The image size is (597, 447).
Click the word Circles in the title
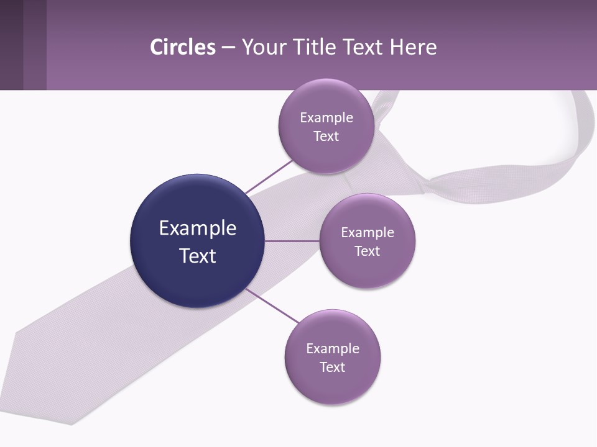pyautogui.click(x=183, y=47)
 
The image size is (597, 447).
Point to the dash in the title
pyautogui.click(x=228, y=48)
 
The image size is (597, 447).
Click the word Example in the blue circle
pyautogui.click(x=198, y=228)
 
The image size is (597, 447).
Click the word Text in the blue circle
pyautogui.click(x=198, y=256)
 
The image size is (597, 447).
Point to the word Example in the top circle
pyautogui.click(x=326, y=118)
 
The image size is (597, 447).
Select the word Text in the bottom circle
pyautogui.click(x=332, y=367)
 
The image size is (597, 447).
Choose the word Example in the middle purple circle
pyautogui.click(x=367, y=233)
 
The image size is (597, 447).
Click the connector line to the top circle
pyautogui.click(x=269, y=176)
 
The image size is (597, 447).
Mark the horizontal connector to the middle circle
pyautogui.click(x=292, y=241)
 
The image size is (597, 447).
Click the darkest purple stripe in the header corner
pyautogui.click(x=11, y=45)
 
